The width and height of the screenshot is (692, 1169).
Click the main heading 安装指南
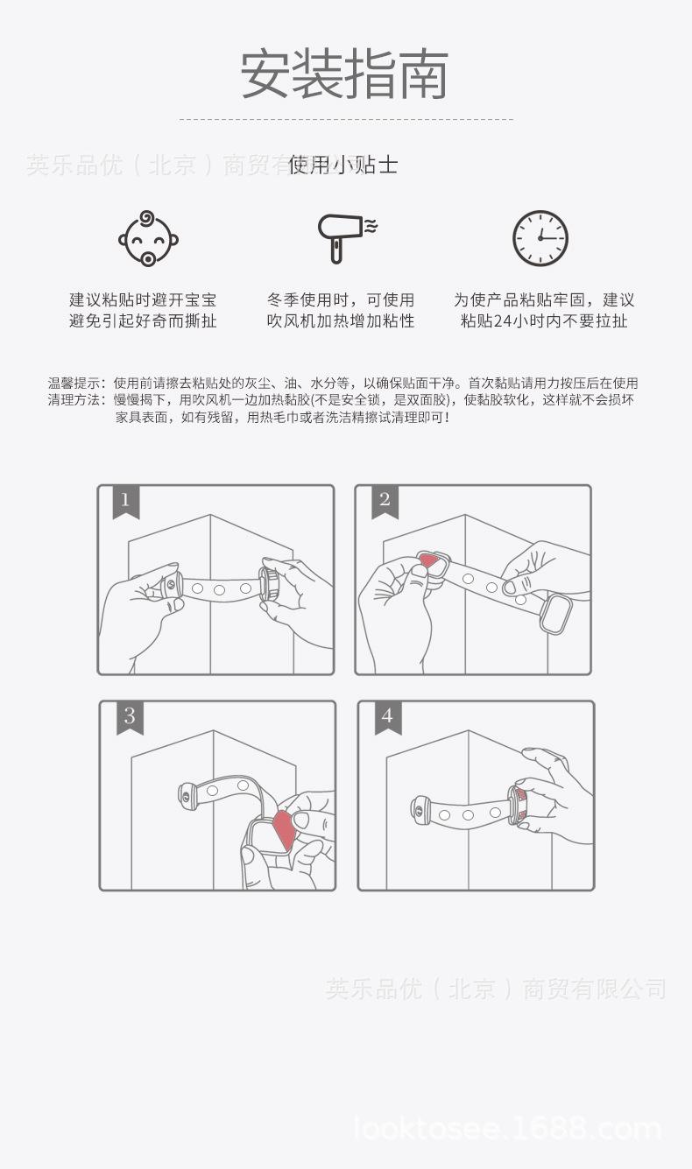345,74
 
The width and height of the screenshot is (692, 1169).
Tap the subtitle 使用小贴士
343,165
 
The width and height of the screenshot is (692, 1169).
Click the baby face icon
148,237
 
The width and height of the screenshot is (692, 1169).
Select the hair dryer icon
342,236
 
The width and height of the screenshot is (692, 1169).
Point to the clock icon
540,237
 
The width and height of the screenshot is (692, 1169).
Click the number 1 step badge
125,502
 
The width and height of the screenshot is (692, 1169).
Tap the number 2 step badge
384,502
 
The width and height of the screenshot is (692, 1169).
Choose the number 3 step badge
129,717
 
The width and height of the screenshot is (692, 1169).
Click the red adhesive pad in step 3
284,831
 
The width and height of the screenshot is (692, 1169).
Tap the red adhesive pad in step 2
428,561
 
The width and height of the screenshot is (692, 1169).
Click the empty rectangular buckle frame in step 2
555,614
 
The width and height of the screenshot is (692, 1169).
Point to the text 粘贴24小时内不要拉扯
543,320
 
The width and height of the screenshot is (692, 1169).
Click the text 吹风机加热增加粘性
341,320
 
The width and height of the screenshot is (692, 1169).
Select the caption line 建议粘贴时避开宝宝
143,299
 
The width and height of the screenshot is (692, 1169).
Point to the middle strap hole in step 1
220,589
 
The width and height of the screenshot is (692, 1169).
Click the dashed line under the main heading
346,119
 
